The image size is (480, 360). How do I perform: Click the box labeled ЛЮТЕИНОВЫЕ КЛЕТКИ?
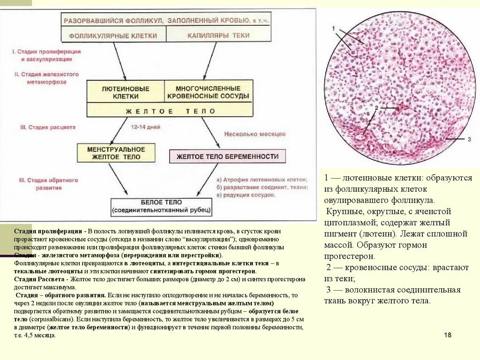pos(126,92)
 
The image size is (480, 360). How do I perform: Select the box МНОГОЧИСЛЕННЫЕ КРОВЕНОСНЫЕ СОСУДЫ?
pos(208,92)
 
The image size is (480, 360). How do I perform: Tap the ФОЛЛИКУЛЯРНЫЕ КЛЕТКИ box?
pos(113,35)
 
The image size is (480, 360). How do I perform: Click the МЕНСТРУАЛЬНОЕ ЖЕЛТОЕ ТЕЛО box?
pos(116,153)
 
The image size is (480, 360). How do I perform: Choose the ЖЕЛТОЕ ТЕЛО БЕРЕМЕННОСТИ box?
pos(227,157)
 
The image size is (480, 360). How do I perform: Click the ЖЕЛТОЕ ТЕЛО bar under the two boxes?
pos(170,112)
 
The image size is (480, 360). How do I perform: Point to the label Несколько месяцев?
pos(255,134)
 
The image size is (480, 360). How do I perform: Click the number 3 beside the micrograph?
pos(469,139)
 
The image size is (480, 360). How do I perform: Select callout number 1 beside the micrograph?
pos(334,29)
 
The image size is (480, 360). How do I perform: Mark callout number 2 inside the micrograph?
pos(376,108)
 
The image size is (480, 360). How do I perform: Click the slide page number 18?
pos(447,335)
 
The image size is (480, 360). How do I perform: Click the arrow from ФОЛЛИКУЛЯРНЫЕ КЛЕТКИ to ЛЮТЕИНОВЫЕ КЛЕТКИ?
pos(119,61)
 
